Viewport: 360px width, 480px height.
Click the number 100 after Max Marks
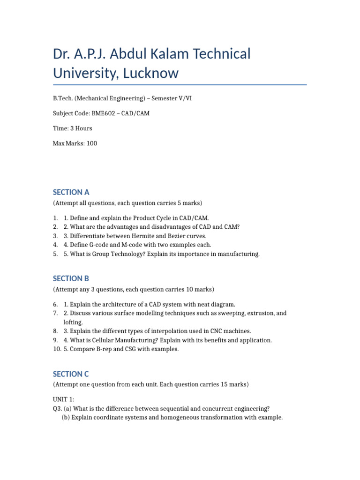tap(92, 143)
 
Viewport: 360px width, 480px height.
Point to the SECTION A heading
tap(71, 192)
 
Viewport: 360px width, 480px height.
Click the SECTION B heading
tap(71, 278)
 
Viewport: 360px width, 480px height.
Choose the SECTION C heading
tap(71, 374)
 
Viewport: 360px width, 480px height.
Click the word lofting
tap(73, 322)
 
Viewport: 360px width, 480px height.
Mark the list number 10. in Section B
tap(57, 349)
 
